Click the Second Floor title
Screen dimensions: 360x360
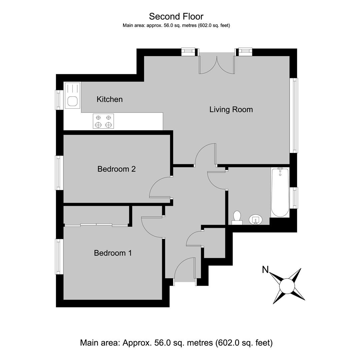[176, 17]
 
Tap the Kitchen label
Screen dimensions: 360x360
[110, 99]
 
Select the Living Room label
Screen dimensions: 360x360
[231, 110]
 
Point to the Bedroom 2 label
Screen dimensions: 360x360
[116, 169]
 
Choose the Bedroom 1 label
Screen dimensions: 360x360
[113, 253]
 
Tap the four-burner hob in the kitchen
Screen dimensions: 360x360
[103, 121]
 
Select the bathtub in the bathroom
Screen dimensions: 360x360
[280, 192]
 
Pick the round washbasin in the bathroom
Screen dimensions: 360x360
[256, 220]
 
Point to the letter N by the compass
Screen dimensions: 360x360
[265, 269]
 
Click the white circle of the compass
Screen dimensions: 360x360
[287, 286]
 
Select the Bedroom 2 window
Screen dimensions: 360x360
[59, 173]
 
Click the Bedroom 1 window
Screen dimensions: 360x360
[59, 257]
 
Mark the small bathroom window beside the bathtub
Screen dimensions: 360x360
[294, 198]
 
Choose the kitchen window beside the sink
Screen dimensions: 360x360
[59, 100]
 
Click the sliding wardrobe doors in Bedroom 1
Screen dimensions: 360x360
[96, 225]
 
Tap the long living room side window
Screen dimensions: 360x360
[294, 115]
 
